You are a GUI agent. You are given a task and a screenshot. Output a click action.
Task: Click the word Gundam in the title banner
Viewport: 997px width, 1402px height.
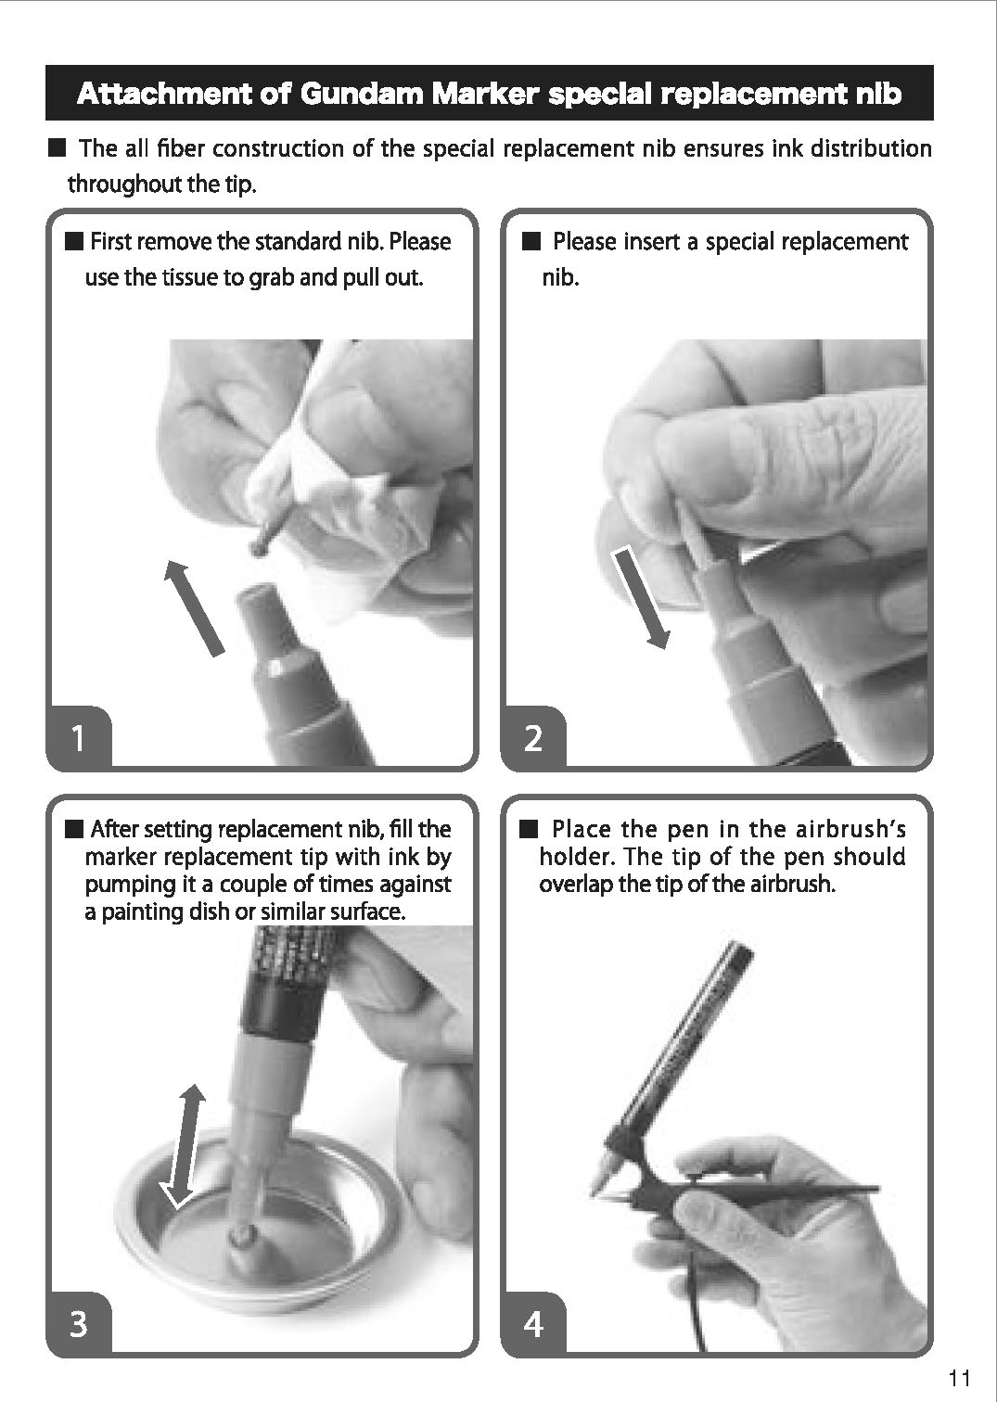click(x=360, y=94)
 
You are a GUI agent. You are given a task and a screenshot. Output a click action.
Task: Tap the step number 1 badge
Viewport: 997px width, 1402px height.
click(x=78, y=737)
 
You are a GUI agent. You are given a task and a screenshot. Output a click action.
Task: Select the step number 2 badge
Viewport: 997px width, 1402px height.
click(x=533, y=737)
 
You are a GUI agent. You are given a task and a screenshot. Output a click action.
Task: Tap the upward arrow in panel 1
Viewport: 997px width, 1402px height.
click(x=194, y=607)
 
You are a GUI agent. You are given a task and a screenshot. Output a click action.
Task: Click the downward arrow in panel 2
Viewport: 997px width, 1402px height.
click(x=641, y=597)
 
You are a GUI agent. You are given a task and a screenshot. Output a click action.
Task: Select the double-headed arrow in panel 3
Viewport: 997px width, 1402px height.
click(x=183, y=1145)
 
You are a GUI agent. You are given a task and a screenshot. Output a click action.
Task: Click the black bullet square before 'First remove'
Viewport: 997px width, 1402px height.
click(x=74, y=241)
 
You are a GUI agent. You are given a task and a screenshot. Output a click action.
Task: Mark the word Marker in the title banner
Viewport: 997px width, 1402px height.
click(x=485, y=94)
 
